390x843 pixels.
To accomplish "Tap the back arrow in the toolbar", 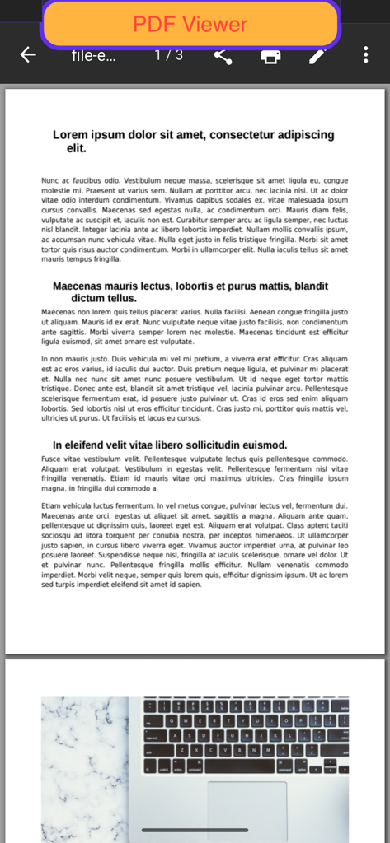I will coord(28,55).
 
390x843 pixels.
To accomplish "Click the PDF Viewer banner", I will coord(190,25).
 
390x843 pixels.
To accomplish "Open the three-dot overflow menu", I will coord(366,55).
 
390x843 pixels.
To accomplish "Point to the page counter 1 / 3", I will coord(169,55).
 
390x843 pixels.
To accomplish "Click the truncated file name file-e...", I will coord(94,56).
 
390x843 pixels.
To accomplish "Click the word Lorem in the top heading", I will coord(70,135).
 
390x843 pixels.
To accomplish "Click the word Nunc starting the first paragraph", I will coord(50,180).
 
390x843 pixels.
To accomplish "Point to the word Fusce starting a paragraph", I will coord(52,459).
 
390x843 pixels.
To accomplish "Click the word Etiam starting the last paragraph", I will coord(53,505).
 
